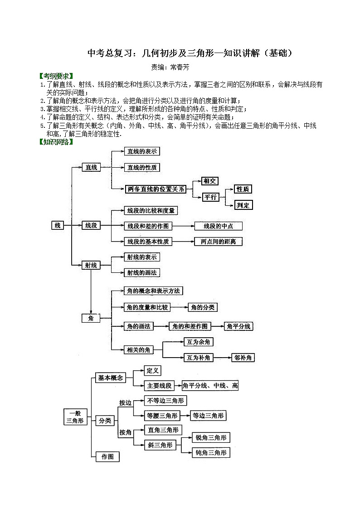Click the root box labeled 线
pyautogui.click(x=58, y=225)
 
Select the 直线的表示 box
pyautogui.click(x=142, y=151)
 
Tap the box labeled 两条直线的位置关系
pyautogui.click(x=156, y=189)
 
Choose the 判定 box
pyautogui.click(x=243, y=205)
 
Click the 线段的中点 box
pyautogui.click(x=218, y=226)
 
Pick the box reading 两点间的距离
pyautogui.click(x=218, y=241)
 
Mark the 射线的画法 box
pyautogui.click(x=142, y=272)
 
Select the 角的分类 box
pyautogui.click(x=203, y=307)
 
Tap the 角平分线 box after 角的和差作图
pyautogui.click(x=239, y=326)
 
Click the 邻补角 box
pyautogui.click(x=243, y=358)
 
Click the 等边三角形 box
pyautogui.click(x=208, y=415)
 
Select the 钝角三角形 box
pyautogui.click(x=211, y=452)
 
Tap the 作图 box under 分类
pyautogui.click(x=107, y=456)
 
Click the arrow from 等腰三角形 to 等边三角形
pyautogui.click(x=185, y=415)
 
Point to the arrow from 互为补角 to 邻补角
pyautogui.click(x=222, y=358)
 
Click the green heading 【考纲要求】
pyautogui.click(x=56, y=76)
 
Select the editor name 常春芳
pyautogui.click(x=180, y=67)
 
